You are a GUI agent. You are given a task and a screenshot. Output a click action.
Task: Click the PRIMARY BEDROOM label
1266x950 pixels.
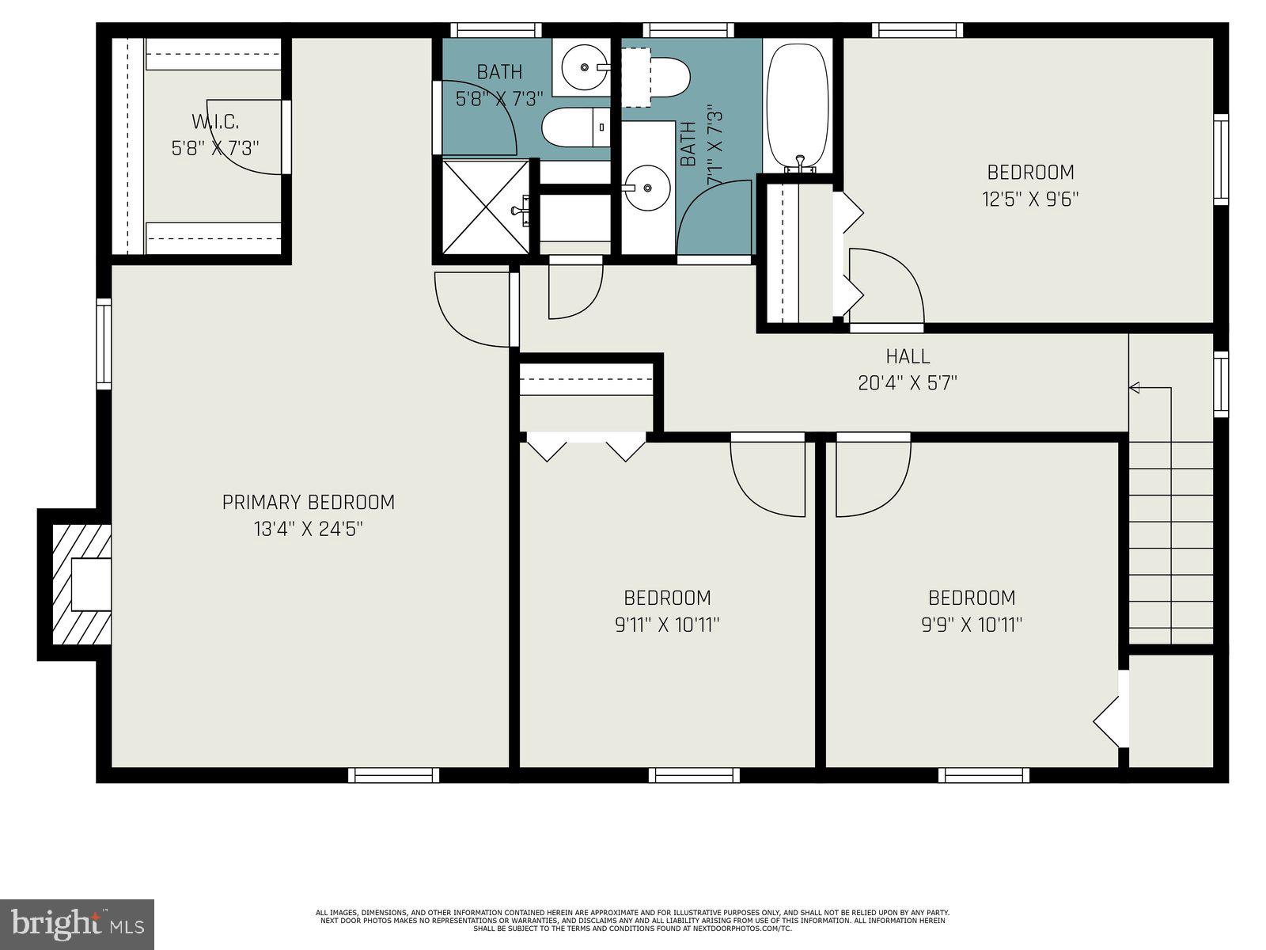(x=308, y=502)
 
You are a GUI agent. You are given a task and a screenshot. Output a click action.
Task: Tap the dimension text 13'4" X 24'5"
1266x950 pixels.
(x=308, y=529)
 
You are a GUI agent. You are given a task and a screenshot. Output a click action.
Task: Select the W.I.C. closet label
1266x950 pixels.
(x=215, y=122)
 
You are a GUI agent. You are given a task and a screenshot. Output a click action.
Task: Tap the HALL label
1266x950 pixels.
(x=908, y=356)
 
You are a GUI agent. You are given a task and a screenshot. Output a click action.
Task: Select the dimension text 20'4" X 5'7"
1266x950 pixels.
(x=908, y=383)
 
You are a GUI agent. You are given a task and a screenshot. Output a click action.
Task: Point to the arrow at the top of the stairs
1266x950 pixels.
(x=1135, y=387)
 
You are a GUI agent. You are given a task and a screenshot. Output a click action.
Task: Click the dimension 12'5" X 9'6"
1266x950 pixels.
(x=1030, y=198)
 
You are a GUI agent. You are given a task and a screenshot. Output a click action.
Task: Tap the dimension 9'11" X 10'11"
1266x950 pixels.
(x=667, y=625)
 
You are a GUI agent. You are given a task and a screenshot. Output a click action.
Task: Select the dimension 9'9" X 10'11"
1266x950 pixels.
(x=972, y=625)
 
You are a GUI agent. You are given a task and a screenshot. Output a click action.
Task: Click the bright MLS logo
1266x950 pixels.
(x=78, y=924)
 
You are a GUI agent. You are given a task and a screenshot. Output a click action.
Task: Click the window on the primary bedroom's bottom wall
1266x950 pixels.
(x=393, y=775)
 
